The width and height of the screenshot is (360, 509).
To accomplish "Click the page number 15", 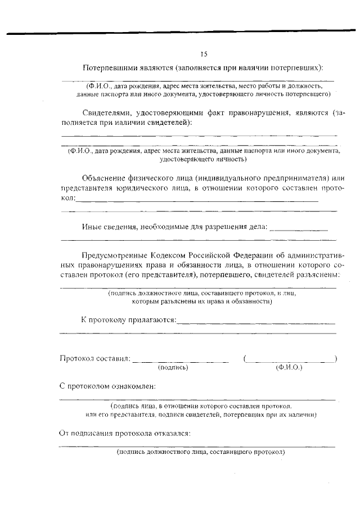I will coord(204,54).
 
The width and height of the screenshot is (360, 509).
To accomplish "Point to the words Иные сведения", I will coord(109,227).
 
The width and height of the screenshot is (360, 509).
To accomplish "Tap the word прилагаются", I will coord(152,320).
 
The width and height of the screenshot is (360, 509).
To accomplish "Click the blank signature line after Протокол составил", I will coord(181,361).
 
